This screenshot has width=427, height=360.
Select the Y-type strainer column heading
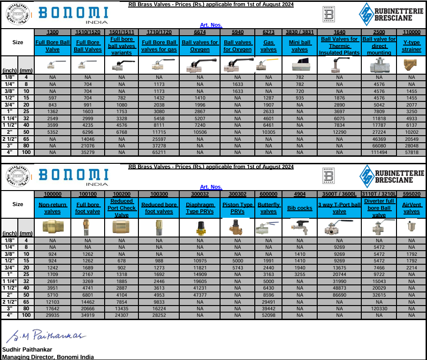412,46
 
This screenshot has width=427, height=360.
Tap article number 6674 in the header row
200,31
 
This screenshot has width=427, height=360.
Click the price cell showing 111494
379,153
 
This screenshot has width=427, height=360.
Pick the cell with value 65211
159,153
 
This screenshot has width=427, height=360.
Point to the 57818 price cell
412,153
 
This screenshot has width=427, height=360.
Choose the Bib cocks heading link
300,208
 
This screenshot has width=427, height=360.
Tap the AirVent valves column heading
412,208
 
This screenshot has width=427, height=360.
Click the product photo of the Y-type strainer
412,66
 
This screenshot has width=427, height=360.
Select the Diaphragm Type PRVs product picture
200,228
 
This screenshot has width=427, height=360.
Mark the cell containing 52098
268,315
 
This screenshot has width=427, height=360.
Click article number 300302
237,193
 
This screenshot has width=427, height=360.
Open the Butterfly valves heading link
268,208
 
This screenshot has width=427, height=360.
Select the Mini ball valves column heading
300,46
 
